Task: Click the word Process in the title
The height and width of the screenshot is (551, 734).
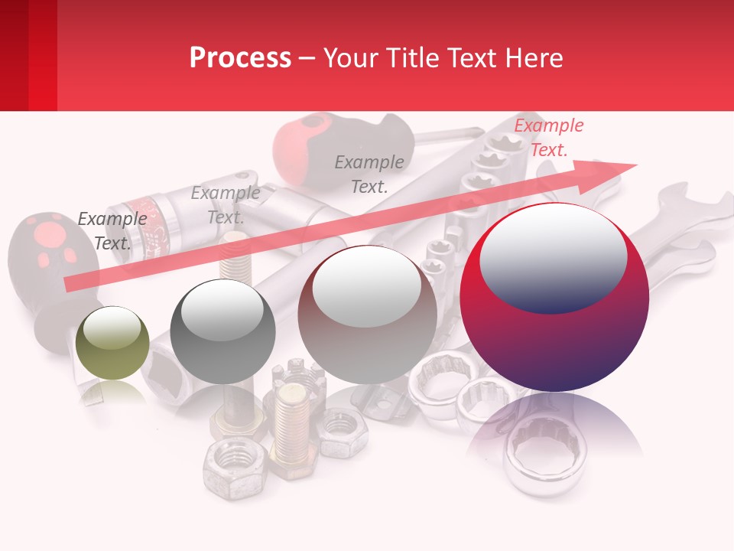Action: tap(240, 58)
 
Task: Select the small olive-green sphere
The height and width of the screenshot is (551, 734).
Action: tap(113, 343)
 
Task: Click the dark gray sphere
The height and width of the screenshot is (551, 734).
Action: tap(222, 331)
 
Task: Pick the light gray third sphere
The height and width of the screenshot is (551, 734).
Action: tap(367, 315)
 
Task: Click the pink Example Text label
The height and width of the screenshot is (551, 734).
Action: tap(548, 138)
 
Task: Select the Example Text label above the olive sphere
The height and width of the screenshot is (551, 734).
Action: tap(112, 231)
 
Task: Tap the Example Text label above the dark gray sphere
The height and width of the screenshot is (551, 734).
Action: tap(225, 205)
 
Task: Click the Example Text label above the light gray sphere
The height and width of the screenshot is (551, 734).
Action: tap(369, 174)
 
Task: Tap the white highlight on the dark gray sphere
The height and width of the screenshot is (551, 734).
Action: tap(222, 308)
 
